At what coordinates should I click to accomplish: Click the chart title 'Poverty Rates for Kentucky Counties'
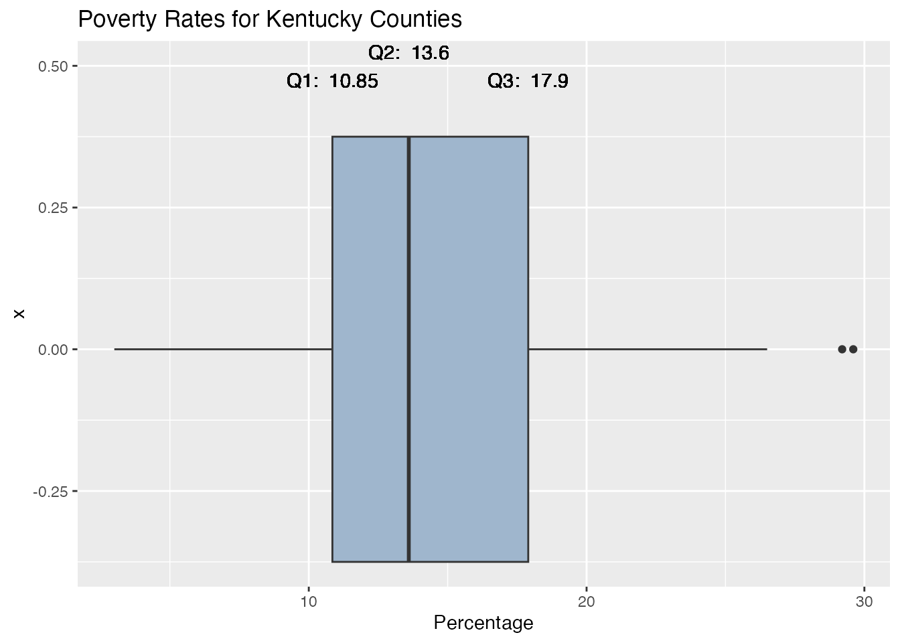coord(270,19)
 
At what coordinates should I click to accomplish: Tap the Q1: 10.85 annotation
coord(332,82)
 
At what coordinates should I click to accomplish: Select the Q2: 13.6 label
coord(408,53)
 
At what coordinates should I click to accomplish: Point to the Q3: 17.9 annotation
coord(528,82)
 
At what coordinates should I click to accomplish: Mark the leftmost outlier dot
coord(842,349)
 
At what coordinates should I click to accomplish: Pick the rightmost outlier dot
coord(853,349)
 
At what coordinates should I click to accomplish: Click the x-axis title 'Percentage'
coord(483,623)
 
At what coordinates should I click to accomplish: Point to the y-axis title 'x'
coord(19,313)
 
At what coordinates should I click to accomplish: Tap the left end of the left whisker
coord(116,349)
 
